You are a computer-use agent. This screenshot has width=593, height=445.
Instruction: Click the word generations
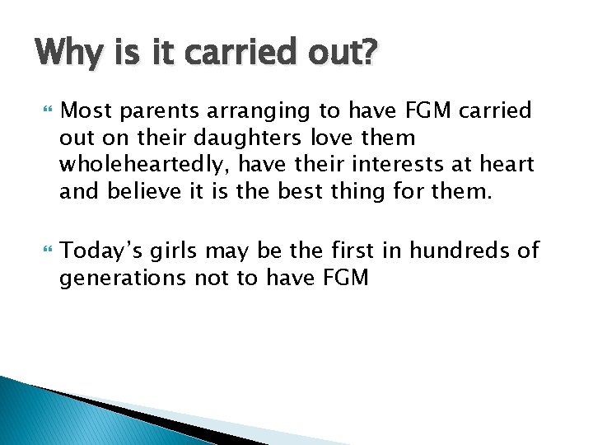point(124,279)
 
